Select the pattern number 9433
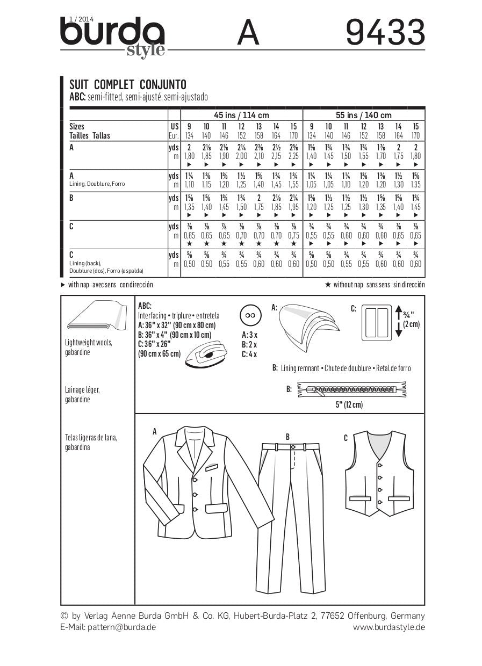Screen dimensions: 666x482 385,33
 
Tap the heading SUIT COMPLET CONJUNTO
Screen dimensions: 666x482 128,85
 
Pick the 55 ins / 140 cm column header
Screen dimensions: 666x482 364,115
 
